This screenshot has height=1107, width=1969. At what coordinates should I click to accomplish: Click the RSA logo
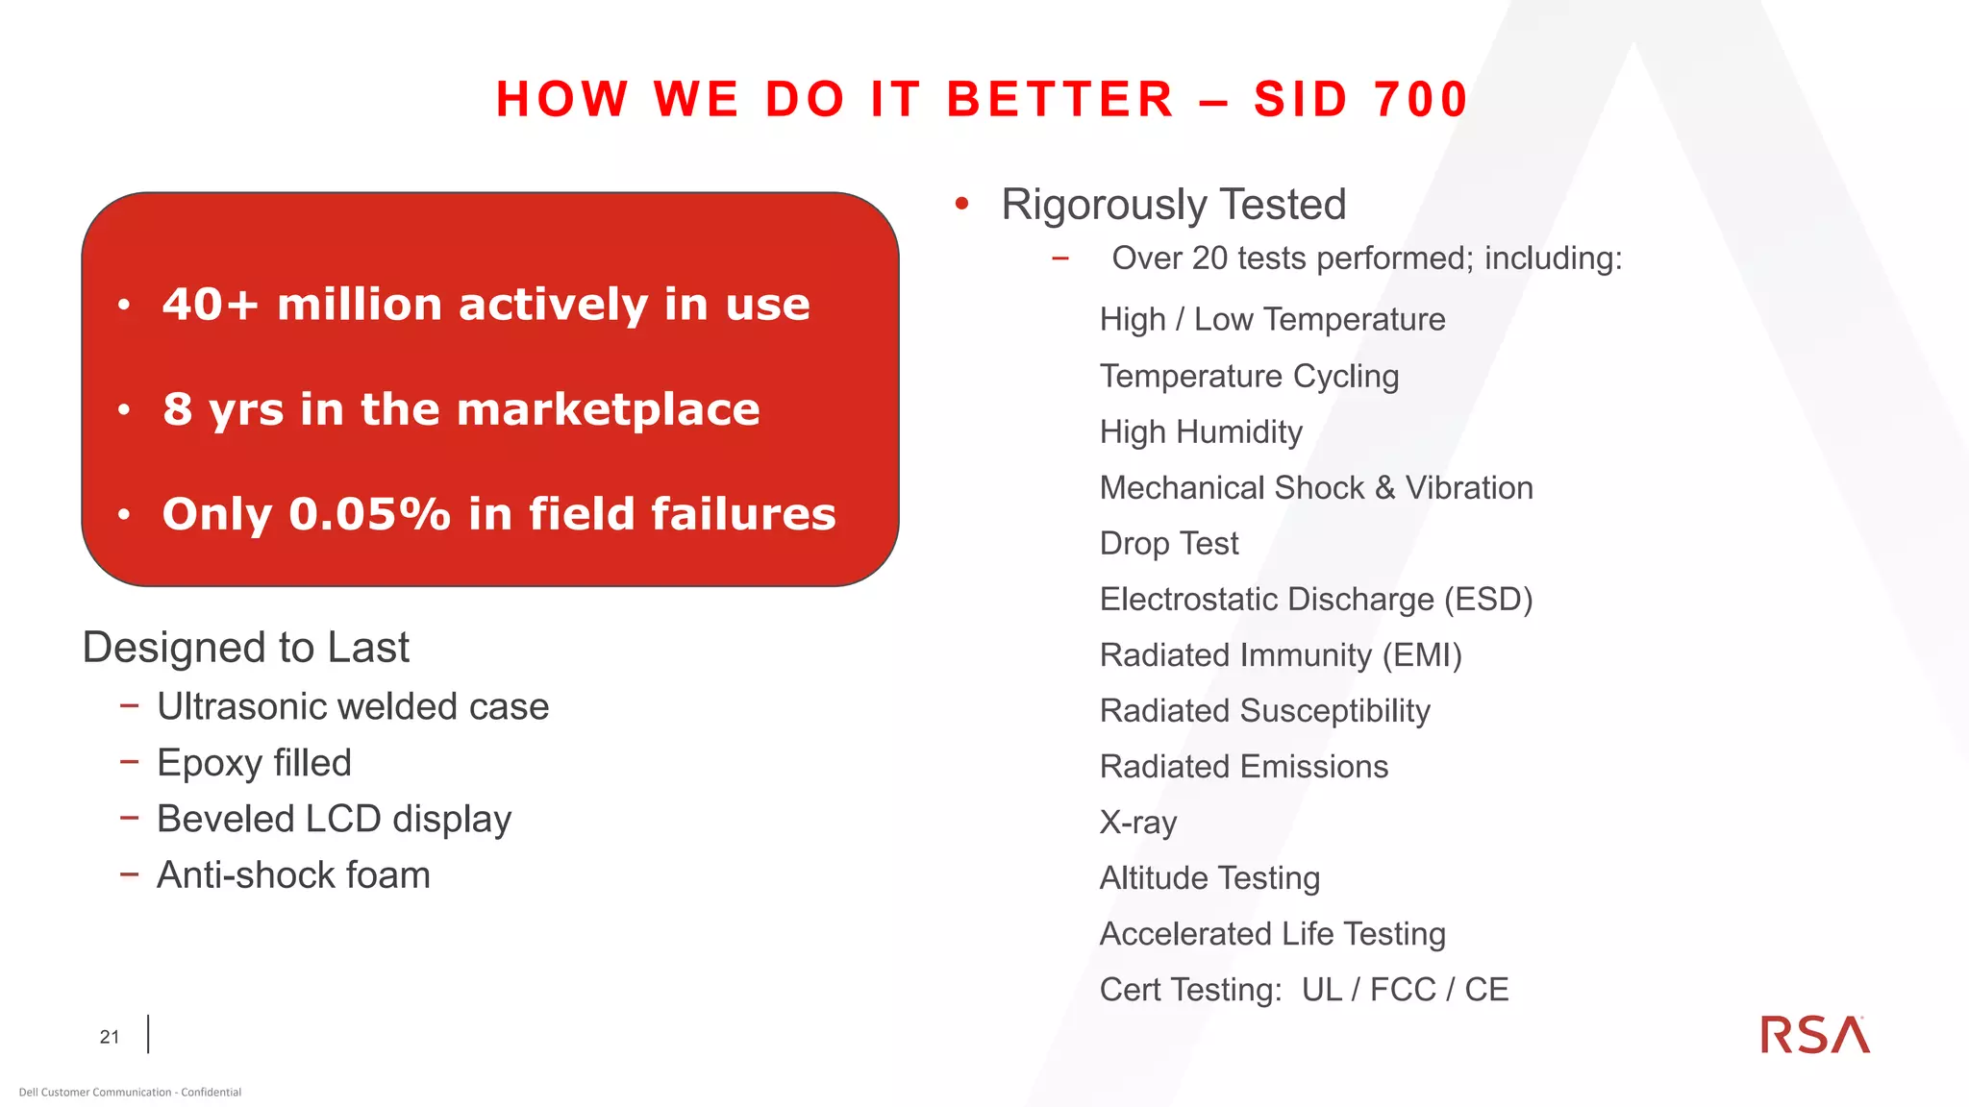pos(1814,1035)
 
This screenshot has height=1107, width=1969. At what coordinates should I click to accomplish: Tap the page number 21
pos(110,1037)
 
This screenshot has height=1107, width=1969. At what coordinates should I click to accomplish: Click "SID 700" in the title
pos(1360,99)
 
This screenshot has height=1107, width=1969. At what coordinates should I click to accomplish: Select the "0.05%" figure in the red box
pos(369,514)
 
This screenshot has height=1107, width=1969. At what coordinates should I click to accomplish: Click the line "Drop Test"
pos(1169,544)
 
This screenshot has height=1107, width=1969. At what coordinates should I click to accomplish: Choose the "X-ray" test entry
pos(1138,823)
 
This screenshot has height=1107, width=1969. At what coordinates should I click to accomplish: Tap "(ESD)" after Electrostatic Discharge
pos(1487,600)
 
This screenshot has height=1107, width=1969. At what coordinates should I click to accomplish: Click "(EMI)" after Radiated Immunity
pos(1422,655)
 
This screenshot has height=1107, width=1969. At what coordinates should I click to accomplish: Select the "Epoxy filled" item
pos(254,763)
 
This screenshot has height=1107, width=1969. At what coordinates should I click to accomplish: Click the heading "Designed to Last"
pos(246,648)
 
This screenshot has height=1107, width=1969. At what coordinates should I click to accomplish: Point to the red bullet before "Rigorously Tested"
pos(961,204)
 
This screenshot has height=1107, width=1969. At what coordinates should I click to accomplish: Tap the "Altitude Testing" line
pos(1209,878)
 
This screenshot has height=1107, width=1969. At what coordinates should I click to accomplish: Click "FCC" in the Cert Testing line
pos(1402,990)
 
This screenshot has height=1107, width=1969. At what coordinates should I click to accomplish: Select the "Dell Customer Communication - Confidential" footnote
pos(130,1093)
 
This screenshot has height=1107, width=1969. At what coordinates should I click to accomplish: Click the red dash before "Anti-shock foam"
pos(130,874)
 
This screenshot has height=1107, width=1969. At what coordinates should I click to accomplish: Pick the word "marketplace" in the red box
pos(608,409)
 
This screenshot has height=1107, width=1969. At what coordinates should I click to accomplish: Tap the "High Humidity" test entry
pos(1201,432)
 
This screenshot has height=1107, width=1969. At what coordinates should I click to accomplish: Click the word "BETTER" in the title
pos(1060,99)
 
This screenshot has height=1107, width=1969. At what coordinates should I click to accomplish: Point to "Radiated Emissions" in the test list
pos(1244,767)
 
